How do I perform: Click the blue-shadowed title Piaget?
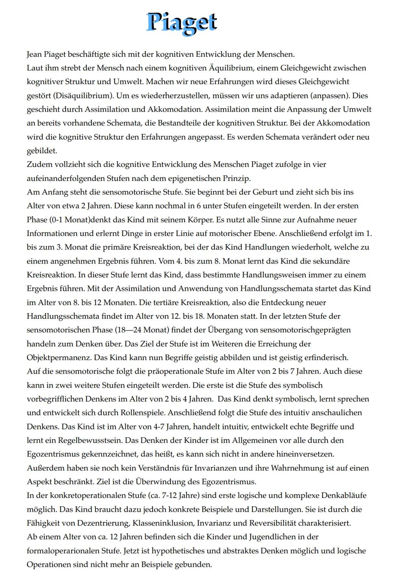[181, 23]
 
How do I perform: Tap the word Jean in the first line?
[34, 54]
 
